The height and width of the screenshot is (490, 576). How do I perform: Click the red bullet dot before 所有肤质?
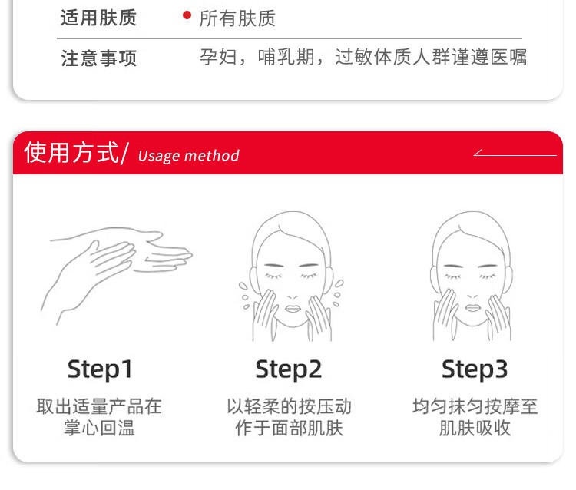point(187,15)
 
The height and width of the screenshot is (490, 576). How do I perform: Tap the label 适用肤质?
point(98,18)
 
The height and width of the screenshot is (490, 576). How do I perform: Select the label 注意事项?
point(98,58)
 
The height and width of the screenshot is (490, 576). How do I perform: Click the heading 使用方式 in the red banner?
point(71,152)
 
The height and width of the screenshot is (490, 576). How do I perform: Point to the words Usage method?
point(189,156)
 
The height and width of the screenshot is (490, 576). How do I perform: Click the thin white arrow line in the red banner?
point(515,155)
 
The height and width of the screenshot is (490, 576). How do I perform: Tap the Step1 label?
point(100,369)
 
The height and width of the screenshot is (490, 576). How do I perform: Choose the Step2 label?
point(288,369)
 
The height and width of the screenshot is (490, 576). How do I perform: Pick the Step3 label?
point(475,369)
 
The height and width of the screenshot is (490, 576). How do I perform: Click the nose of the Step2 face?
point(293,296)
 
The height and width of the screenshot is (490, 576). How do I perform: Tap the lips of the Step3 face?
point(472,308)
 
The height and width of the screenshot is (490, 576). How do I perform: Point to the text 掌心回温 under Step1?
point(100,429)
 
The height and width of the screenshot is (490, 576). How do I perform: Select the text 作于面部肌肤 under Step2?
point(289,429)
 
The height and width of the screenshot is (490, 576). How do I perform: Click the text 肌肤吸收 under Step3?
point(475,429)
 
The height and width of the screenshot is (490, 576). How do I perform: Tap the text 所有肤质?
point(237,18)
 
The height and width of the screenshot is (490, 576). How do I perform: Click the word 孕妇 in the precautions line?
point(218,57)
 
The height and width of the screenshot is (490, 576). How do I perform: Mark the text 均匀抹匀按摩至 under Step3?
point(475,406)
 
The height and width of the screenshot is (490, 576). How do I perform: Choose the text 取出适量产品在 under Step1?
point(99,406)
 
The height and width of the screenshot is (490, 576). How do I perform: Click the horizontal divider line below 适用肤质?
point(290,38)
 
